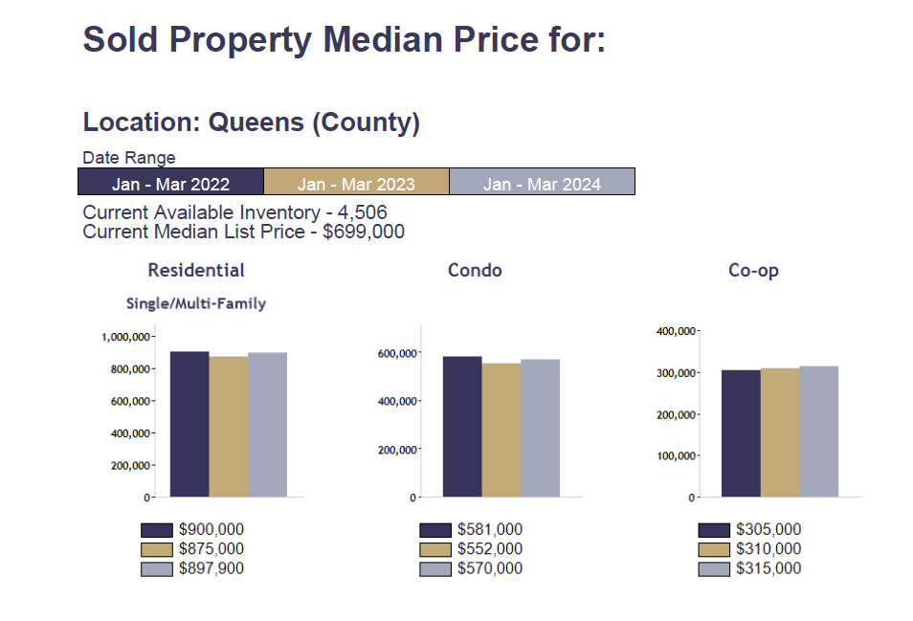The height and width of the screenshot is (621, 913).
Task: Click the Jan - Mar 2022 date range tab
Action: point(170,183)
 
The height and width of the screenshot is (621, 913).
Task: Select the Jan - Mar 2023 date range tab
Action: point(356,183)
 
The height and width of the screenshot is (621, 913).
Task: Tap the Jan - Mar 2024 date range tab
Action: point(542,183)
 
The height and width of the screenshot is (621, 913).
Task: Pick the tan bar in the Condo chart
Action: point(501,430)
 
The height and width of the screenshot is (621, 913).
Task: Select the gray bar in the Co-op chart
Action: point(819,432)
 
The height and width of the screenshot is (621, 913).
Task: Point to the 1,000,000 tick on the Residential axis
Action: point(125,337)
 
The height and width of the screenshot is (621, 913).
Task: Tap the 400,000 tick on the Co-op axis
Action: point(676,331)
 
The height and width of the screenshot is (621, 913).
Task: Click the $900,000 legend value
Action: point(211,529)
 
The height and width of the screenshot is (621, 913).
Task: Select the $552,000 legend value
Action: point(490,549)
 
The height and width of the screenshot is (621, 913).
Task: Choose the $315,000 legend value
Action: point(768,568)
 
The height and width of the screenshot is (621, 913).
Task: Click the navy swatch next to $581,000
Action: point(435,529)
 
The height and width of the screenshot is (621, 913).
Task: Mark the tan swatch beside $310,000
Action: point(714,549)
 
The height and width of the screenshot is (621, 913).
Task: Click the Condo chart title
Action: point(475,271)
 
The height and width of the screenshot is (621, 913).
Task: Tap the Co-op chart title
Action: point(753,271)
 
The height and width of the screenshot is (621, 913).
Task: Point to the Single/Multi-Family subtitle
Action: point(196,303)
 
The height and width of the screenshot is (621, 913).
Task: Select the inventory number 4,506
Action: point(362,212)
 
